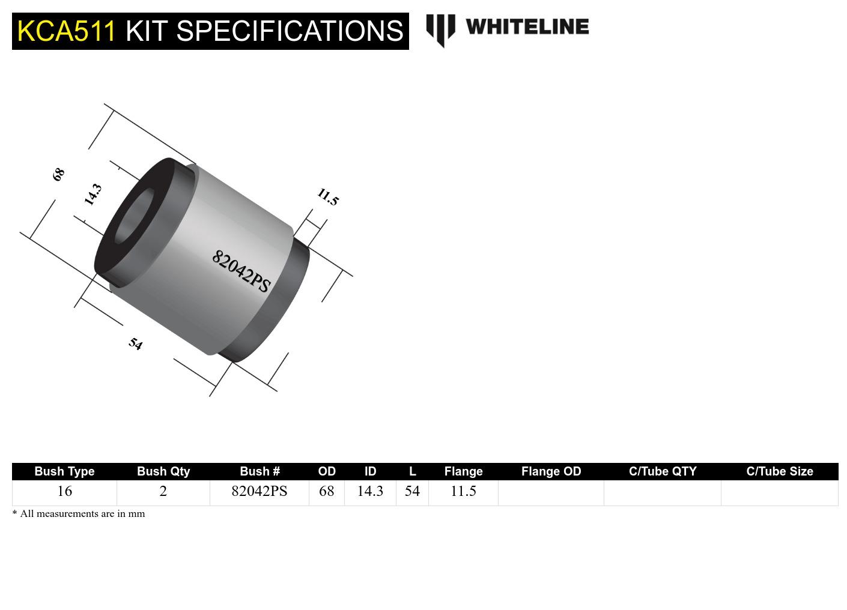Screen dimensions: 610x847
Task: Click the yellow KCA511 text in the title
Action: (66, 31)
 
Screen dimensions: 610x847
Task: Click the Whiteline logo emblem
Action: (440, 29)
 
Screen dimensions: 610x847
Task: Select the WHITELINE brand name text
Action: (527, 27)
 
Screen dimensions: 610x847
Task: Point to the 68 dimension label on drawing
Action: (58, 175)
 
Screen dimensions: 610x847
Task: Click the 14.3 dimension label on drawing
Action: (93, 195)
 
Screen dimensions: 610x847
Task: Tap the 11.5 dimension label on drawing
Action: (327, 197)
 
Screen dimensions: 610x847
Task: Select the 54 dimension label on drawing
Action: (136, 344)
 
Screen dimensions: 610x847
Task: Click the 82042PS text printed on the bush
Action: (241, 271)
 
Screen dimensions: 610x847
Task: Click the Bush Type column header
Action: (64, 471)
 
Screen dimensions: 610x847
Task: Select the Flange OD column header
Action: (551, 471)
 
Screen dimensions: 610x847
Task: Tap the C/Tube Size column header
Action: (779, 471)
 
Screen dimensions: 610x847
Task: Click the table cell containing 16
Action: (64, 491)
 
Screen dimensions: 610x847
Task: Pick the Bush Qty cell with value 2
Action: (163, 491)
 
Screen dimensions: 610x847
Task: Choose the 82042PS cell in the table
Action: (259, 491)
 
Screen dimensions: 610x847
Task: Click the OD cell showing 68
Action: (326, 491)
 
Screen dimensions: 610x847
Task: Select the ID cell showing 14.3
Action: (369, 491)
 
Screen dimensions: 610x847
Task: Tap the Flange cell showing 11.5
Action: (463, 491)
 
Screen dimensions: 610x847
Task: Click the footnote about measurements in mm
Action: (79, 514)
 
